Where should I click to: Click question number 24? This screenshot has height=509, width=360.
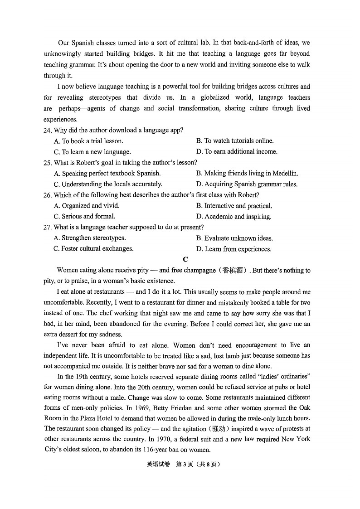tap(48, 130)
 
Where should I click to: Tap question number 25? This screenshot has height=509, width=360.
tap(48, 162)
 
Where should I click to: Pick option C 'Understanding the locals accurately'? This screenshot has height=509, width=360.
tap(108, 184)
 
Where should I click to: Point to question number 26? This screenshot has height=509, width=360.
tap(48, 195)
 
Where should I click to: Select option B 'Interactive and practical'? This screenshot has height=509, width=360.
tap(234, 206)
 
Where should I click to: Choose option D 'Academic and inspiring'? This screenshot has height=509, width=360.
tap(234, 217)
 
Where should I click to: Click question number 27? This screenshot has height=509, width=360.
tap(48, 227)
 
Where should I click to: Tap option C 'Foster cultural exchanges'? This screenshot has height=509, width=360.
tap(94, 248)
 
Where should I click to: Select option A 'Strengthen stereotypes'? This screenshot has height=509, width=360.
tap(90, 238)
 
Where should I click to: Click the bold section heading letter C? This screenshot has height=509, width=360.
tap(185, 259)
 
